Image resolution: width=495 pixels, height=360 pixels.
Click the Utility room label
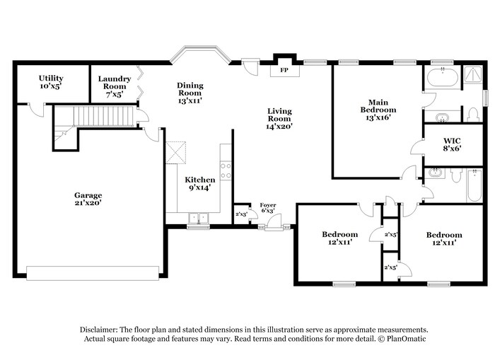(x=51, y=82)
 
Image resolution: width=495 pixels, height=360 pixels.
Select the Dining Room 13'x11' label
(x=190, y=93)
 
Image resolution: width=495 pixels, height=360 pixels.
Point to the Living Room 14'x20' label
(x=279, y=119)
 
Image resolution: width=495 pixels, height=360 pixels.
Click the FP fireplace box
(x=284, y=71)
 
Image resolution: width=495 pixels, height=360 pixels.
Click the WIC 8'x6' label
(x=452, y=144)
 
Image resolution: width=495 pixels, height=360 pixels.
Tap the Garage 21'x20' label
(x=88, y=199)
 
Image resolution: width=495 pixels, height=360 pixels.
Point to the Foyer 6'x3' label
(x=268, y=208)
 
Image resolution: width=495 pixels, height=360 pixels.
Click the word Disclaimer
(x=99, y=330)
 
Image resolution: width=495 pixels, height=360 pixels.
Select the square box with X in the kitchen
(x=176, y=151)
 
